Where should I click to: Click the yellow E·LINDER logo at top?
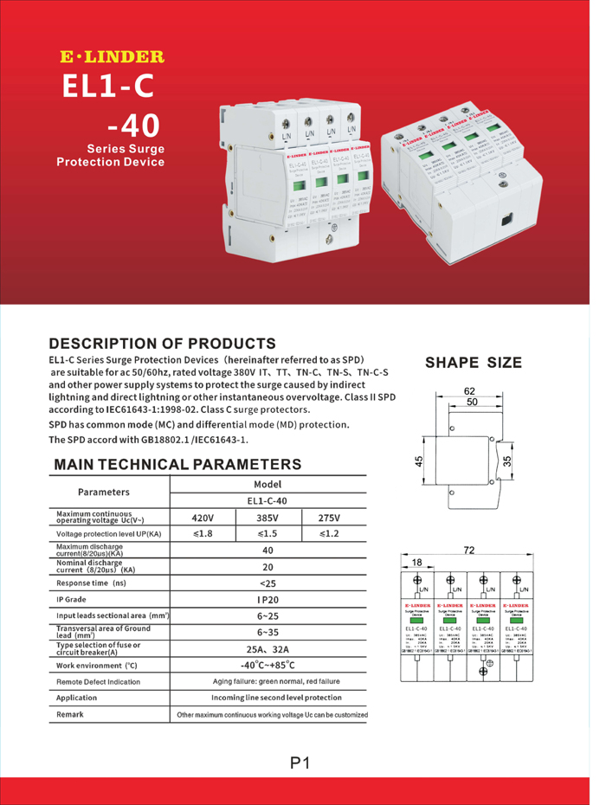pyautogui.click(x=110, y=58)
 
